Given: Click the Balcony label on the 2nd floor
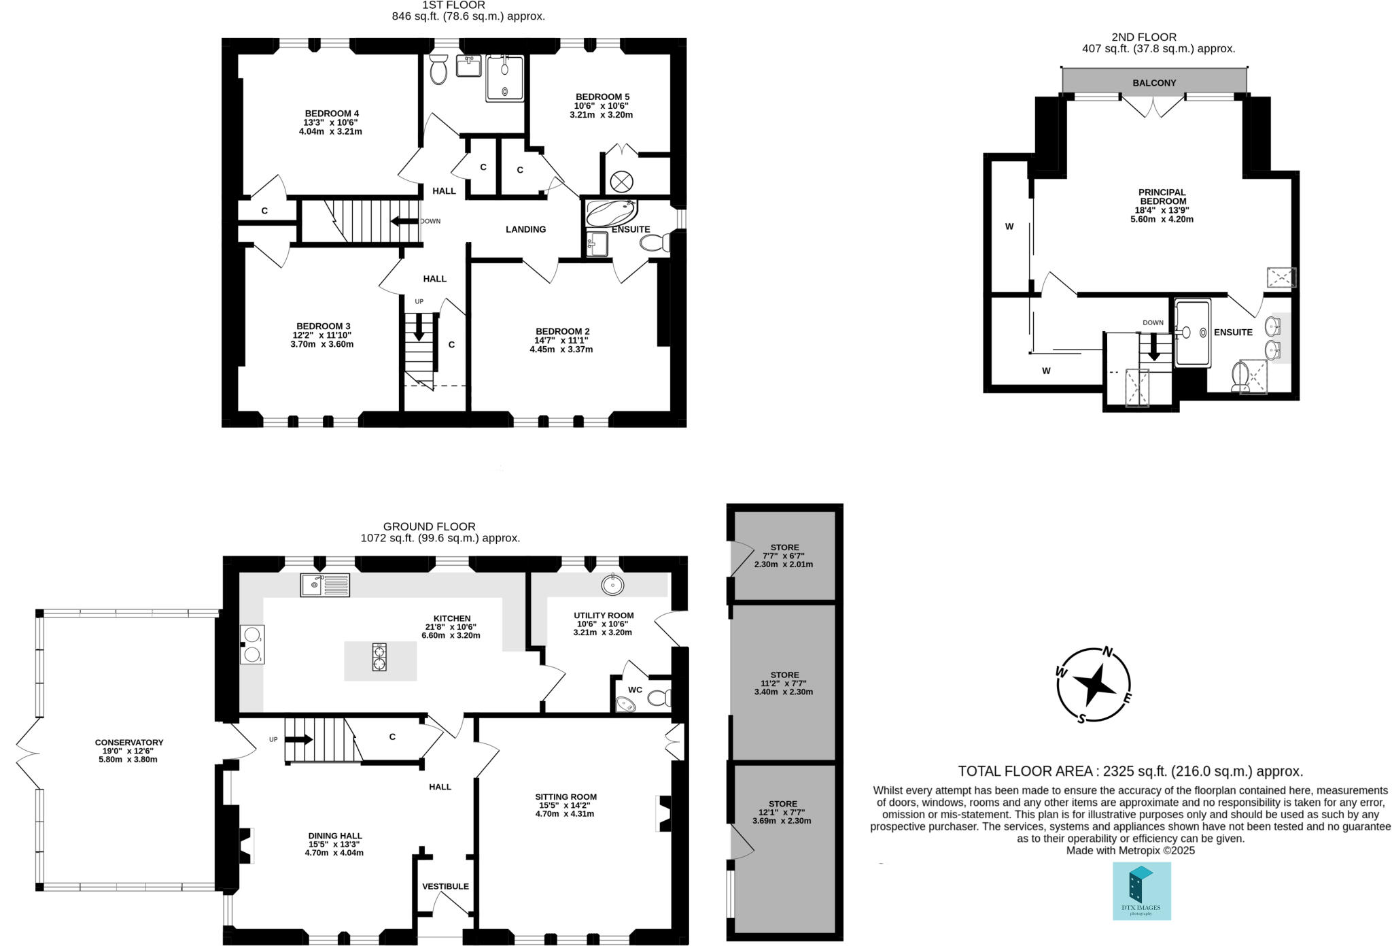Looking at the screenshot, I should [x=1153, y=83].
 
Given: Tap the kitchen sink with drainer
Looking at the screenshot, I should [x=325, y=585].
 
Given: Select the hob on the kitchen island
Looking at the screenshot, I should [x=379, y=658].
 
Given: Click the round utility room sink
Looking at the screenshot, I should [x=613, y=584].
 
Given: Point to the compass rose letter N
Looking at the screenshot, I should [x=1107, y=653].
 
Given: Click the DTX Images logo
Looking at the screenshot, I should [x=1141, y=891].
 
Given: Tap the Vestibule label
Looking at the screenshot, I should [x=445, y=886].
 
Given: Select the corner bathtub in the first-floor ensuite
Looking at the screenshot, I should [x=610, y=213].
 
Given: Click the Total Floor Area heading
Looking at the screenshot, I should [x=1130, y=771].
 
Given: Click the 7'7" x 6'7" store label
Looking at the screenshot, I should [x=784, y=556].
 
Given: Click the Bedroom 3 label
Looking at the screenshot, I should [x=323, y=326].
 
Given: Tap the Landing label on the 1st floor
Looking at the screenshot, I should [x=525, y=229].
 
